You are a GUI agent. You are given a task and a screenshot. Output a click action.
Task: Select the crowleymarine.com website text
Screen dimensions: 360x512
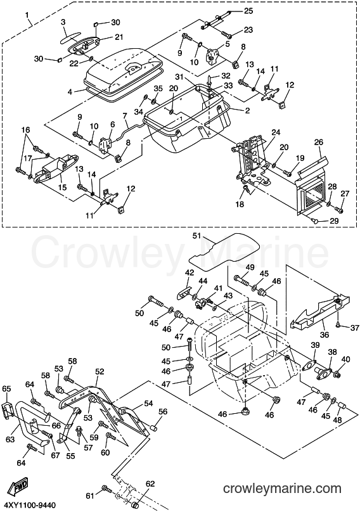coord(282,489)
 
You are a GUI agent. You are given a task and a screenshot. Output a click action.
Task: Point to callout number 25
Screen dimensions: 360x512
coord(248,11)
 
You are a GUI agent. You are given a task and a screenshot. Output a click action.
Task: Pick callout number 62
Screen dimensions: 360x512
coord(150,483)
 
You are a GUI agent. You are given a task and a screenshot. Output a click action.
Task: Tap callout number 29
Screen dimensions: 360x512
coord(334,221)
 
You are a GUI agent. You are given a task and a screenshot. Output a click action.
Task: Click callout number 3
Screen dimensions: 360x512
coord(63,22)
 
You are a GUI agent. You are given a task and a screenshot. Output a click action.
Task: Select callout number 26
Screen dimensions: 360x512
coord(319,142)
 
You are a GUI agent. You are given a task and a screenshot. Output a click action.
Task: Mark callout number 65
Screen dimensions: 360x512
coord(6,388)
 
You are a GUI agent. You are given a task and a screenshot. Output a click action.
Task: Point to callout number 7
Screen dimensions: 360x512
coord(124,115)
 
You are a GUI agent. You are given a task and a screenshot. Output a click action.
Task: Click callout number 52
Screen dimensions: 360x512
coord(100,371)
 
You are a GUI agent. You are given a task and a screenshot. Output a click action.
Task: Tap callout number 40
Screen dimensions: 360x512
coord(345,359)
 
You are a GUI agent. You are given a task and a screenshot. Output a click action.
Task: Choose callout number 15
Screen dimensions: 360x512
coord(62,188)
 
